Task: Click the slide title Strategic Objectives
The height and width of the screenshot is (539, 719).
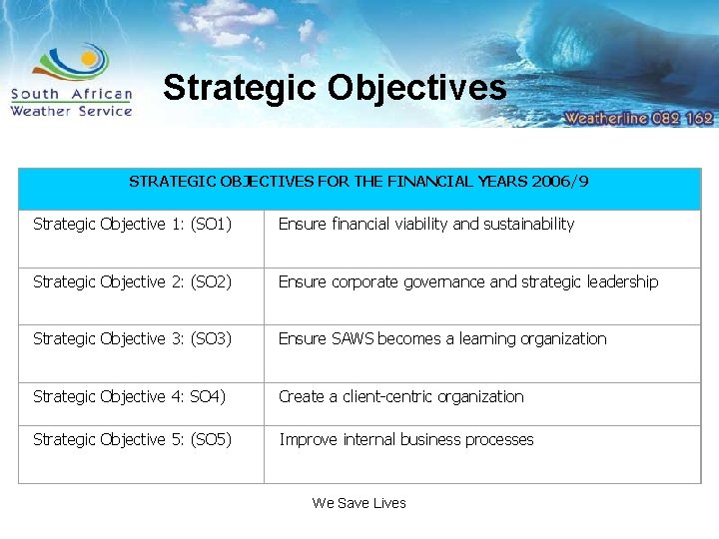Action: [x=335, y=88]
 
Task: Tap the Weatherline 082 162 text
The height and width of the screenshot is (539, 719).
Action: [x=638, y=117]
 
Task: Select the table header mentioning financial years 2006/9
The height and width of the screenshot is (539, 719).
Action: [x=359, y=182]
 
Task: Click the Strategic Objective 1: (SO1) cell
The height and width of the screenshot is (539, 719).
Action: [x=133, y=225]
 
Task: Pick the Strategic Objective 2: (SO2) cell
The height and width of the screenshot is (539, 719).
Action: [x=133, y=282]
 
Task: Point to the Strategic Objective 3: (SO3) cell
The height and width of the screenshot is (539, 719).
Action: [x=133, y=339]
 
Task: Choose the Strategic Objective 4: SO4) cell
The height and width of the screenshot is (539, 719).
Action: [x=130, y=397]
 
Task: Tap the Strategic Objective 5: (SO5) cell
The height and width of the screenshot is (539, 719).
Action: [x=133, y=440]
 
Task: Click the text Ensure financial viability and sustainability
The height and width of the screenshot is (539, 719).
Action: [x=426, y=225]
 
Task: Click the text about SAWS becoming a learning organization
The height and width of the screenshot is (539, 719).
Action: [x=442, y=339]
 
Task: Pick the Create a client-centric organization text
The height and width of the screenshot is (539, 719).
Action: [x=400, y=397]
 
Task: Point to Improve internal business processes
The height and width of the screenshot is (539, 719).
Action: [x=406, y=440]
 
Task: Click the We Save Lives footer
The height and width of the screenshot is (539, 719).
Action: [x=359, y=503]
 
